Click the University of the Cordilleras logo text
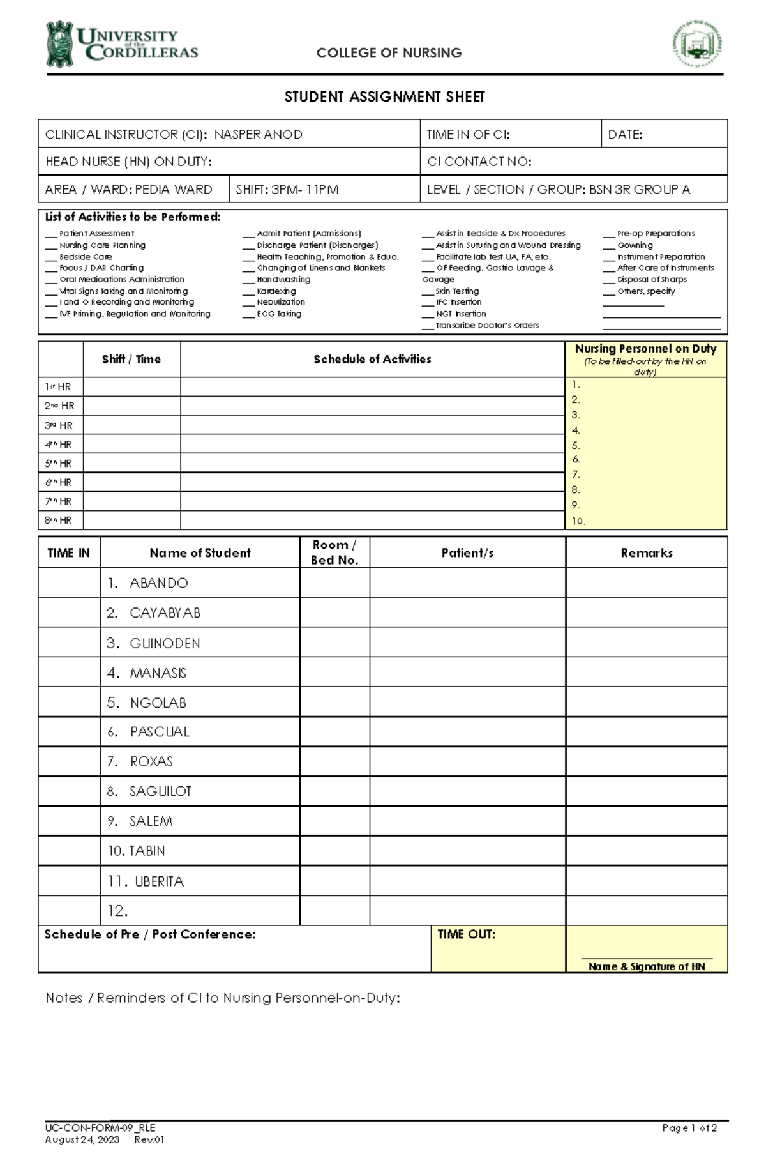click(137, 45)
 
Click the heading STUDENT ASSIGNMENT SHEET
click(384, 97)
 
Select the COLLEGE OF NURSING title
click(389, 53)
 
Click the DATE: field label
click(625, 135)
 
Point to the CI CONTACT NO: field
click(479, 162)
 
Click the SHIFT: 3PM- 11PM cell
click(287, 190)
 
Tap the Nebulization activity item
click(280, 302)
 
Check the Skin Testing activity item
click(457, 291)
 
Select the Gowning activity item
click(635, 245)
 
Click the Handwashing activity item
click(283, 280)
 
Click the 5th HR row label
click(58, 464)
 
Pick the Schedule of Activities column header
click(372, 360)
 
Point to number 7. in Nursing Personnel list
click(576, 475)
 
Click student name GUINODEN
click(165, 644)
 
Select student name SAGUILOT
click(160, 792)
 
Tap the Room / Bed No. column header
click(334, 552)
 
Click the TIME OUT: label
click(466, 934)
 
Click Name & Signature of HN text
click(647, 967)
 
